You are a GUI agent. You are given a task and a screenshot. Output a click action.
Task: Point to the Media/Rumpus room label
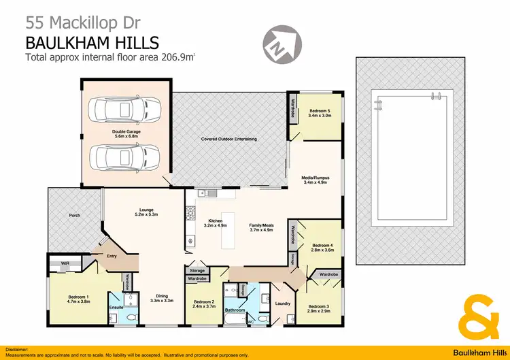315,180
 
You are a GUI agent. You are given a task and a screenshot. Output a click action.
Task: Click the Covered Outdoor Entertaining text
228,139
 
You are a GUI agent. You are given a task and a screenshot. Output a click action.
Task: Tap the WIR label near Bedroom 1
65,262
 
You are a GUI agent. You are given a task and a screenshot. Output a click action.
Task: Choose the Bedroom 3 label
318,308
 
